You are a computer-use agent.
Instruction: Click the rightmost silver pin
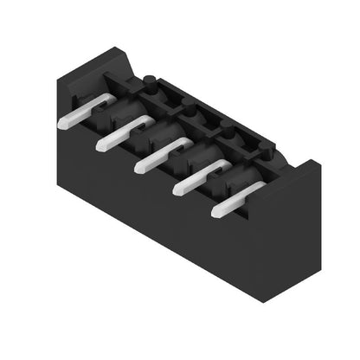pos(238,196)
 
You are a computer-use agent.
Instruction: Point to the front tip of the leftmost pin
pos(63,123)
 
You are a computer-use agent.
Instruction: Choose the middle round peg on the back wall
pos(186,112)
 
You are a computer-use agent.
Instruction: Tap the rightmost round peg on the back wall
pos(227,132)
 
